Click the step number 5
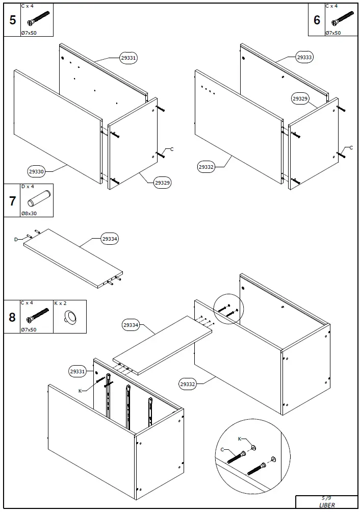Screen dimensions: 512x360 tap(12, 20)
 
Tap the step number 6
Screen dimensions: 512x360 tap(317, 20)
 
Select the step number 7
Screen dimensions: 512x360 tap(12, 201)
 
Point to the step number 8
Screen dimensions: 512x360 tap(12, 317)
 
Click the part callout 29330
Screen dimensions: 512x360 tap(36, 172)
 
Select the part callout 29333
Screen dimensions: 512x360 tap(304, 58)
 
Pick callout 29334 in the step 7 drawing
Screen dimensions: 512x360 tap(110, 239)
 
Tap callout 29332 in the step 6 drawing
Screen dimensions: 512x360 tap(206, 167)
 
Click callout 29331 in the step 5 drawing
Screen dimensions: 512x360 tap(128, 58)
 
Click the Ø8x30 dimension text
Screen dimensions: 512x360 tap(29, 213)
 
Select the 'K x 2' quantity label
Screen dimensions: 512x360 tap(61, 303)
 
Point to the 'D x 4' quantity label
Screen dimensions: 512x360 tap(28, 187)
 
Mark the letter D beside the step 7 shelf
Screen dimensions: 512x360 tap(16, 239)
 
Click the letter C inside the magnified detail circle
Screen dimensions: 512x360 tap(222, 449)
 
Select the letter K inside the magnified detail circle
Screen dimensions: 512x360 tap(240, 439)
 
